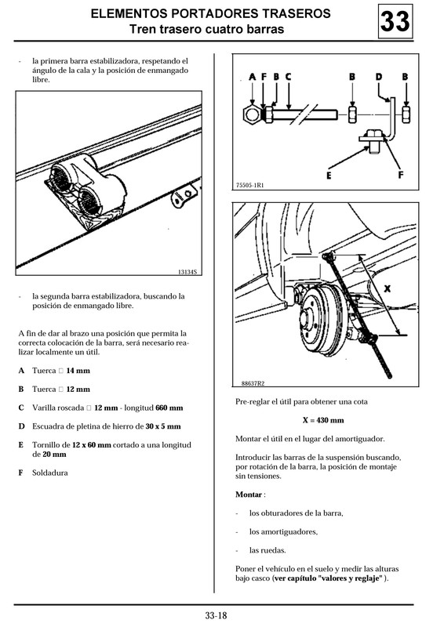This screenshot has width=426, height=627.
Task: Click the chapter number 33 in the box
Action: [x=395, y=22]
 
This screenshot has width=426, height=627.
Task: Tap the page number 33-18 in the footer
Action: [x=216, y=616]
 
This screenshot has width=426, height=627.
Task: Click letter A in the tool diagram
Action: [x=253, y=76]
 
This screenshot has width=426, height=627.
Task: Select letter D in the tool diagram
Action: [x=379, y=76]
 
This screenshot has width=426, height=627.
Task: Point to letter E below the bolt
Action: [x=329, y=175]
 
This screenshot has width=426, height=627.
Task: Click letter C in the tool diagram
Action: [x=288, y=76]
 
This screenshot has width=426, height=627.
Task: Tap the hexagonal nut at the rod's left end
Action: [x=252, y=114]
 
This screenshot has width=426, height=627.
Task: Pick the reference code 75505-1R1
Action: [x=250, y=185]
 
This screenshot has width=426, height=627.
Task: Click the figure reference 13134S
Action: [x=188, y=272]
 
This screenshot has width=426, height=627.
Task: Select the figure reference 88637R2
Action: [x=253, y=383]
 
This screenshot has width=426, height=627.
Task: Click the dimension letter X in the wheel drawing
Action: [x=387, y=288]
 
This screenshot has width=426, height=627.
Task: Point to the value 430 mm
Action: [x=330, y=420]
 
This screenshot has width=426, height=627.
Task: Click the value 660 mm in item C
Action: [x=169, y=408]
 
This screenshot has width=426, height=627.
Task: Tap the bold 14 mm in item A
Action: [x=78, y=371]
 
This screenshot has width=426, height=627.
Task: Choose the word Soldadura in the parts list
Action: [x=50, y=473]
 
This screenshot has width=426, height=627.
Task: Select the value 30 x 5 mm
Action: [x=163, y=426]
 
